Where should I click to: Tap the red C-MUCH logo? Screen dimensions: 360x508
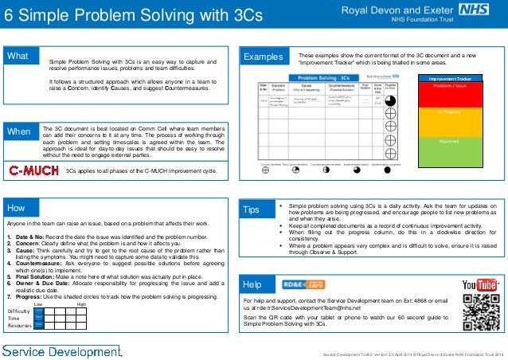point(33,170)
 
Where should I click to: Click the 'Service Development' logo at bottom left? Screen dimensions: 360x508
point(61,350)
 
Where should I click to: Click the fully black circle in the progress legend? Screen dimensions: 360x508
point(386,170)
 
